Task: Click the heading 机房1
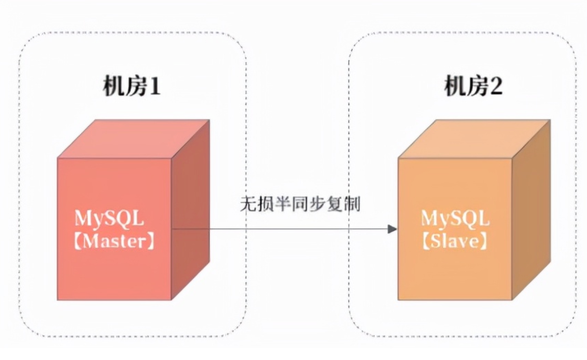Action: point(131,86)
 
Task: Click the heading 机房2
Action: point(473,86)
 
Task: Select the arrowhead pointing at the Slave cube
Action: point(392,229)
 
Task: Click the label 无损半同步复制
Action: point(300,204)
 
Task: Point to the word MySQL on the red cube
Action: point(109,218)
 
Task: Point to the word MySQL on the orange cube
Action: point(456,218)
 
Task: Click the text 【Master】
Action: point(114,241)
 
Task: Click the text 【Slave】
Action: point(455,241)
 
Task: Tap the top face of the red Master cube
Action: point(134,139)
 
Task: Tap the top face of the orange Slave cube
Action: point(474,139)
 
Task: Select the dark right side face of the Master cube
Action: point(190,209)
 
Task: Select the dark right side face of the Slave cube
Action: point(531,209)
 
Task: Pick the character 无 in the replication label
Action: point(248,204)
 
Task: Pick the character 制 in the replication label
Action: point(352,204)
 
